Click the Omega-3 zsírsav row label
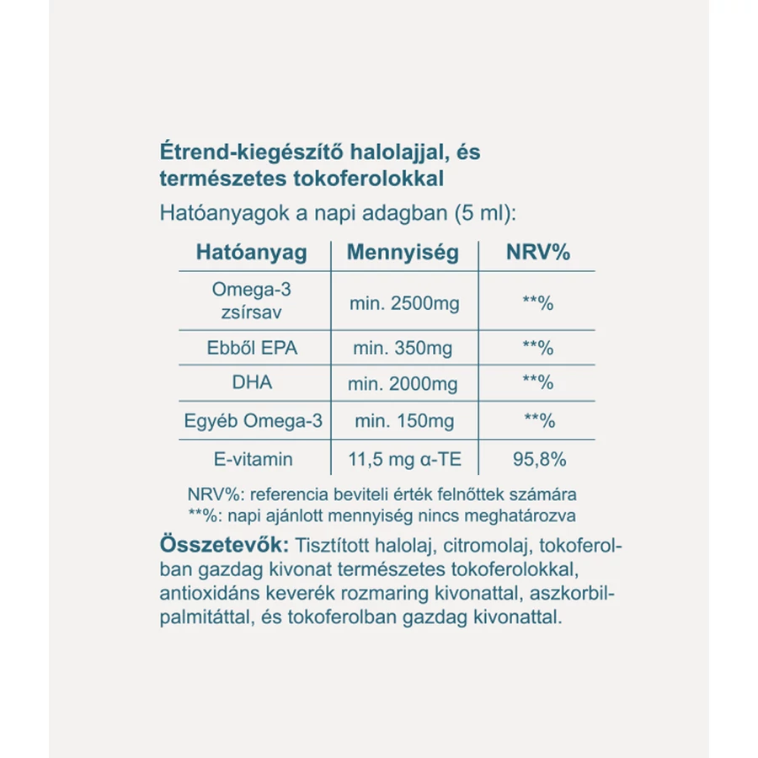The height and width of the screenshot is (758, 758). (x=251, y=301)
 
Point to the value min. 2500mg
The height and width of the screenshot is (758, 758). (x=404, y=302)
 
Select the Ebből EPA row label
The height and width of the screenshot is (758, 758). (x=252, y=347)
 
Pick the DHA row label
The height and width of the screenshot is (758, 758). (x=252, y=382)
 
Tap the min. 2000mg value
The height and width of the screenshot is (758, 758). (x=403, y=384)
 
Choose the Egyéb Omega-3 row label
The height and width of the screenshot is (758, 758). (x=253, y=420)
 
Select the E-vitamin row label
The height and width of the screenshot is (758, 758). (x=253, y=459)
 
